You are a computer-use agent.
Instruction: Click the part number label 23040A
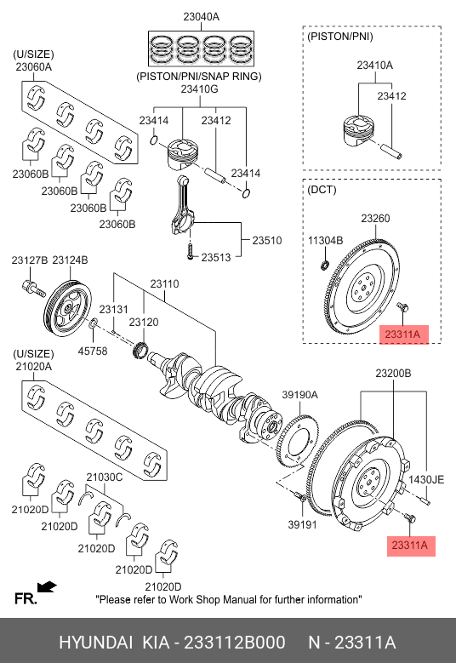tap(201, 17)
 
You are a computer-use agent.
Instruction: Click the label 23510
tap(266, 240)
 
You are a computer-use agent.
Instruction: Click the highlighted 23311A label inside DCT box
tap(404, 334)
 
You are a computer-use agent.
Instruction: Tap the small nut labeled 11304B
tap(325, 266)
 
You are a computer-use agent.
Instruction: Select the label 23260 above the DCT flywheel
tap(375, 218)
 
